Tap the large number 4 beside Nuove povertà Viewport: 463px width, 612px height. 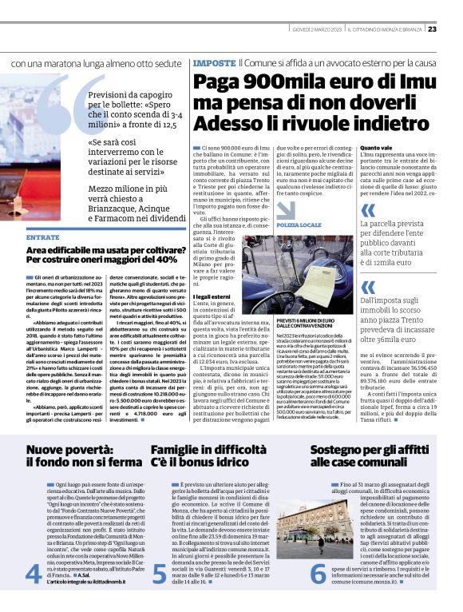pyautogui.click(x=34, y=574)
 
